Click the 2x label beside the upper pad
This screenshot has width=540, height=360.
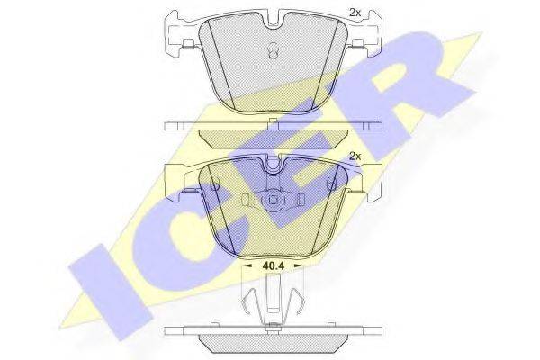355,13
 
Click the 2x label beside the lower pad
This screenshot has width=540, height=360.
355,156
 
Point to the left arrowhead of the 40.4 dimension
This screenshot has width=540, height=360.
247,265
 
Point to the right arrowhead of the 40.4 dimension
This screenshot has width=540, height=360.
299,265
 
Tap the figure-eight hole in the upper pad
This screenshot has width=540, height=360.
273,51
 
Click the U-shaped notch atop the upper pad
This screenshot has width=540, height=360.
273,20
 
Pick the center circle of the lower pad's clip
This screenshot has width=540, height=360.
273,200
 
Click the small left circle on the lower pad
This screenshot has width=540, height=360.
214,186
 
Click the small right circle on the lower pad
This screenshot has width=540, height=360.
331,186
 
